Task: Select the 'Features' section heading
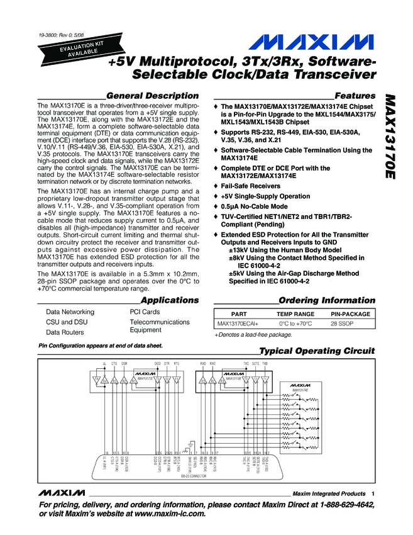[355, 95]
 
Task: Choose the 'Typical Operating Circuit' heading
[317, 351]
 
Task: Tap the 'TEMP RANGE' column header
[295, 313]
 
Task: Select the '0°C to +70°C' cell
[295, 324]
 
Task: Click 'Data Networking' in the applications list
[70, 312]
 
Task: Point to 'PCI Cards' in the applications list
[140, 312]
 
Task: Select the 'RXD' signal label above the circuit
[203, 364]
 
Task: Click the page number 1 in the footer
[373, 493]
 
